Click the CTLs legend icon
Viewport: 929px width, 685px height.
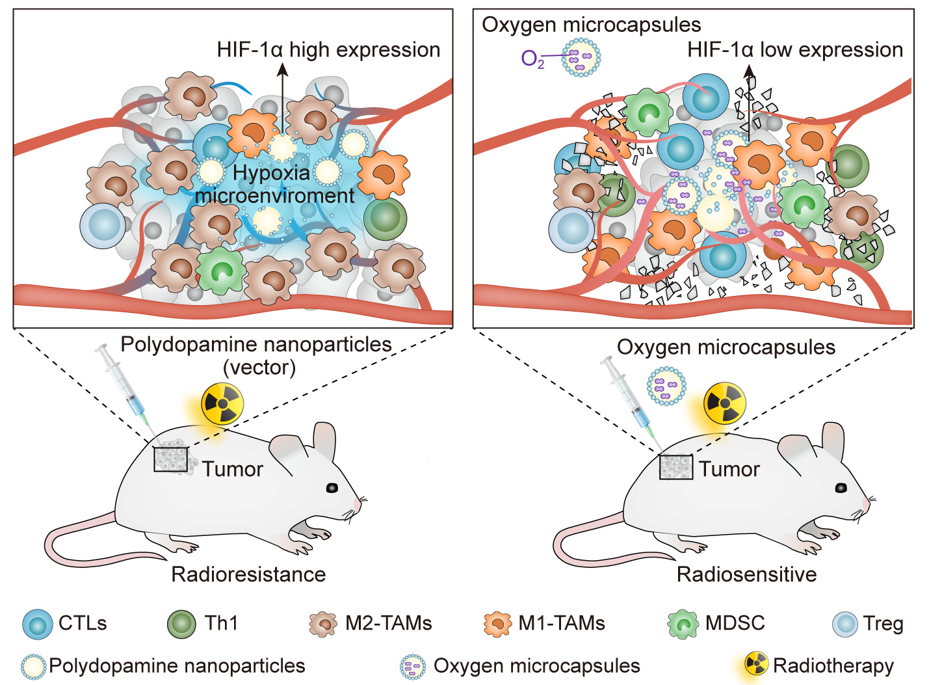click(37, 624)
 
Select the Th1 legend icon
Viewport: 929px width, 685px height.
click(181, 624)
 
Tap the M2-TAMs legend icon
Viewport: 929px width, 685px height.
click(323, 624)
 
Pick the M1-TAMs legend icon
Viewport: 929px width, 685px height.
click(498, 624)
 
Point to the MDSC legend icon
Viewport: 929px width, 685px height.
click(683, 624)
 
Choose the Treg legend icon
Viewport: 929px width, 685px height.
click(845, 624)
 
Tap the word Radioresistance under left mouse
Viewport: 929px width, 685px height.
click(248, 574)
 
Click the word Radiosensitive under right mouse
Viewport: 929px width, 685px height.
click(746, 574)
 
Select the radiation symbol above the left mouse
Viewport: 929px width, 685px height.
click(222, 404)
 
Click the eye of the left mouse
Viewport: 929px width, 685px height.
click(332, 487)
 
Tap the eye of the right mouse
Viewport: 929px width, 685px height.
click(841, 487)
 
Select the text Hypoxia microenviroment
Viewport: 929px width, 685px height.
click(274, 184)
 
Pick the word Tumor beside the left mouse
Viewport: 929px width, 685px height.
click(232, 469)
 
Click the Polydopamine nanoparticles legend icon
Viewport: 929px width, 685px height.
click(33, 666)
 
